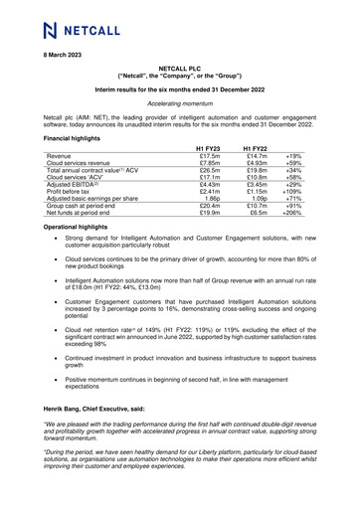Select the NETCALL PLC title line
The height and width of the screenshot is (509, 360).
(179, 65)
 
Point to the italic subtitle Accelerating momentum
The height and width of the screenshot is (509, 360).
(179, 102)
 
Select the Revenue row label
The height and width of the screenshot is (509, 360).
(60, 157)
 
